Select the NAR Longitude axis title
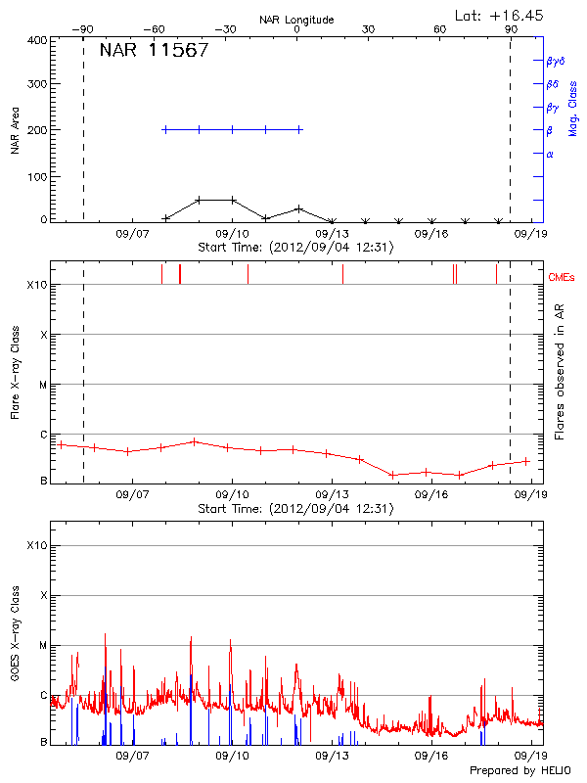tap(296, 20)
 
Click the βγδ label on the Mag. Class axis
tap(555, 61)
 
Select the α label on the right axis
tap(550, 154)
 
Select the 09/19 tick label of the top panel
tap(531, 234)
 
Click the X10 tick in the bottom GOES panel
tap(37, 545)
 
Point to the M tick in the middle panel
tap(43, 385)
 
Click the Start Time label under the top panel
tap(295, 248)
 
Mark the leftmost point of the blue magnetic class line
tap(165, 129)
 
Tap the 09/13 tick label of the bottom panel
tap(333, 756)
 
